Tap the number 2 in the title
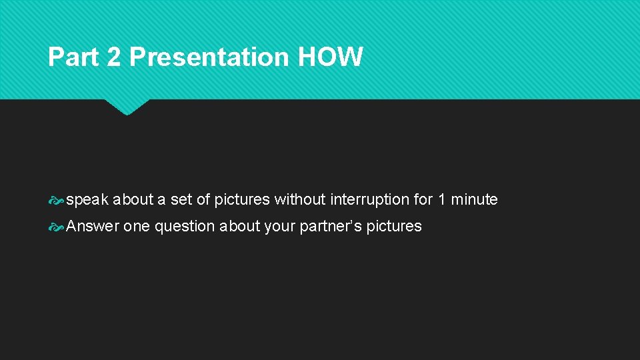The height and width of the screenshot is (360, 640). [x=114, y=57]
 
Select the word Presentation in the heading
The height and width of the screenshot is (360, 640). [x=209, y=57]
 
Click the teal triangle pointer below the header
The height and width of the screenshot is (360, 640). [x=127, y=107]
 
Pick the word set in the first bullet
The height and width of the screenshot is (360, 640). [x=181, y=199]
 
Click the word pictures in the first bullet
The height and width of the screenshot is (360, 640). [x=242, y=199]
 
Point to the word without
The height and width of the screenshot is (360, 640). [x=300, y=199]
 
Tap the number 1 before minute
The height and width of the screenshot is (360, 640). [x=442, y=199]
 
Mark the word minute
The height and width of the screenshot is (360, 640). [x=475, y=199]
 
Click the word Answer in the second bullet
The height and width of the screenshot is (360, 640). [x=93, y=226]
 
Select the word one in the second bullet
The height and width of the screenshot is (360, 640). [x=137, y=226]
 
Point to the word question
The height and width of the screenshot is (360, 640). [x=185, y=226]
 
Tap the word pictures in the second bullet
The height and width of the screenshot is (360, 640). [x=394, y=226]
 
